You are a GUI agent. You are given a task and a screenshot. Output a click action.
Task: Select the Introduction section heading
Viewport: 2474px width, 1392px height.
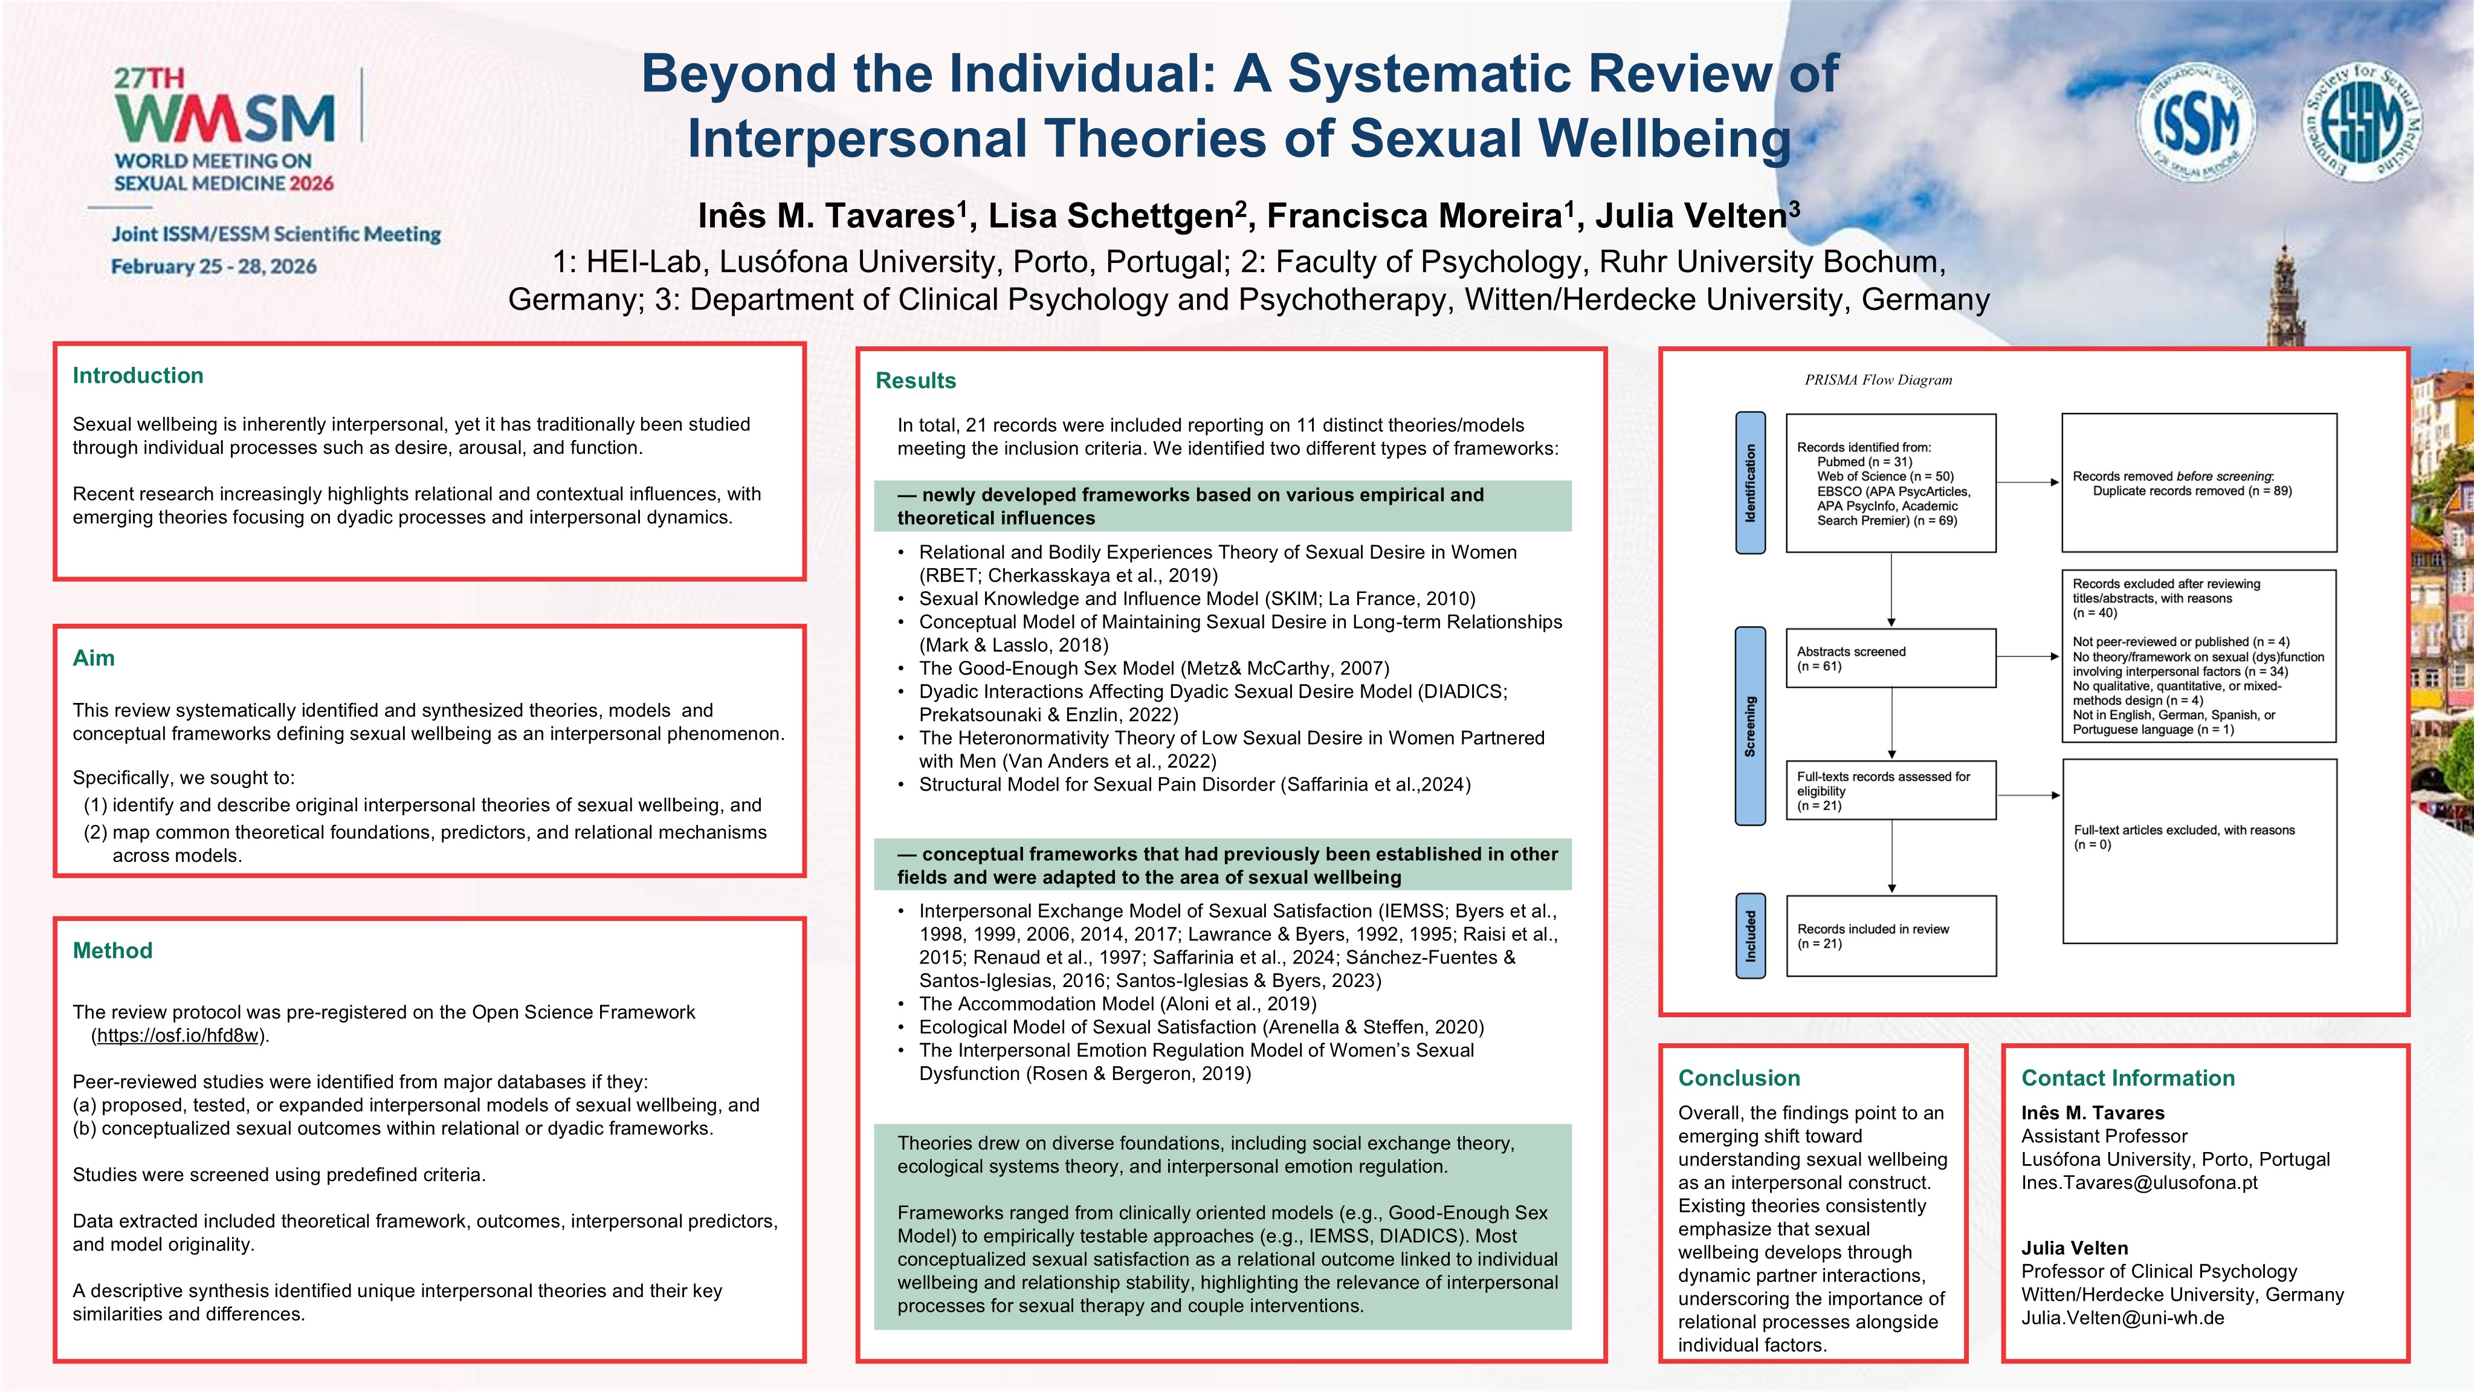coord(137,375)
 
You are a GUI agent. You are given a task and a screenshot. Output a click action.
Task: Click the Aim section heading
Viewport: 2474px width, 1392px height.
coord(93,658)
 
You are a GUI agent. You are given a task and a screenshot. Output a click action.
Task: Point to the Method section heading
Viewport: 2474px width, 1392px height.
coord(112,950)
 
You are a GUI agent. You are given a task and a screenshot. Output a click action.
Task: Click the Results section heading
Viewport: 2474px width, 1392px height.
coord(916,380)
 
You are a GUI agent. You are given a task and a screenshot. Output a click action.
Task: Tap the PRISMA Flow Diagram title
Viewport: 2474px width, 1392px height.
coord(1878,380)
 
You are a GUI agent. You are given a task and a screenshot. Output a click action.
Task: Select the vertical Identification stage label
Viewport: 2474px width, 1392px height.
coord(1750,482)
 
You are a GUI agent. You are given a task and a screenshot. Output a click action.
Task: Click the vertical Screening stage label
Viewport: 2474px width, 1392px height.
coord(1750,725)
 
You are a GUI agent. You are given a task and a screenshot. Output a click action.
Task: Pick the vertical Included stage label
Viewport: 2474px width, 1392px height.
coord(1750,936)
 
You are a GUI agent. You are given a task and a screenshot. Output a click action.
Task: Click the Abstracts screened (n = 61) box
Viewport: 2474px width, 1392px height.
coord(1890,658)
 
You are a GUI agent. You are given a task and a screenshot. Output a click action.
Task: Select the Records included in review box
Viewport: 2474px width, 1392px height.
coord(1890,936)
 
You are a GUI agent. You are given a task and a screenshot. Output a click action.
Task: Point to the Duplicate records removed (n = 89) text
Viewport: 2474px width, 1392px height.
coord(2192,491)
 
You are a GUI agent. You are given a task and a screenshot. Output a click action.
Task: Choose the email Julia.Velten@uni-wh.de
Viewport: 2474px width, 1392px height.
coord(2122,1318)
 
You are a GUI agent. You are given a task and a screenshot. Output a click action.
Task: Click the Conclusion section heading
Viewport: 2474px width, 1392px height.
coord(1739,1078)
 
